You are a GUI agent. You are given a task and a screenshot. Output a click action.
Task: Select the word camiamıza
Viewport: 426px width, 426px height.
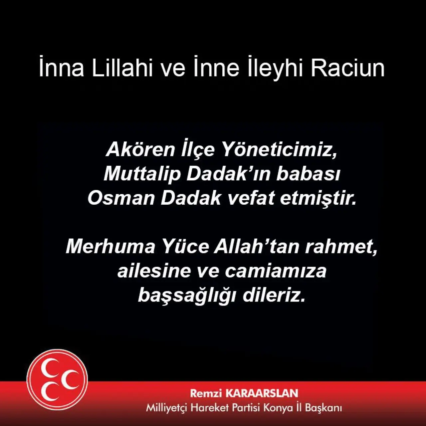click(x=276, y=272)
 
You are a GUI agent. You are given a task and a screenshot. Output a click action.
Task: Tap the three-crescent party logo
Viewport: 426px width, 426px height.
click(x=57, y=380)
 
